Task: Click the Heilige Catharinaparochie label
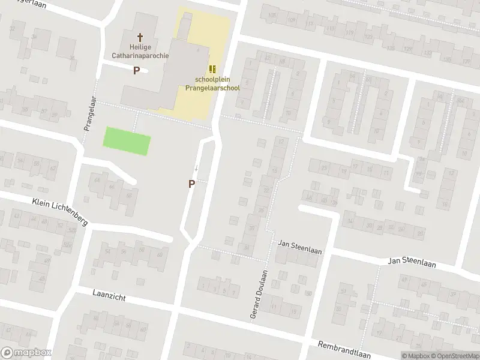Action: (x=140, y=51)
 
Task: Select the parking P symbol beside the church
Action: (x=136, y=70)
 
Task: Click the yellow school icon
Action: (x=212, y=70)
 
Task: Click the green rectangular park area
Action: (x=127, y=141)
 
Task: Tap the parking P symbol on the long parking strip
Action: (x=191, y=184)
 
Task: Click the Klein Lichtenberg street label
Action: (x=60, y=211)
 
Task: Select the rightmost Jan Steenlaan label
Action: (x=412, y=262)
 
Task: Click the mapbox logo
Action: (x=26, y=353)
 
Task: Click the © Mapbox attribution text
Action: (x=415, y=356)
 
